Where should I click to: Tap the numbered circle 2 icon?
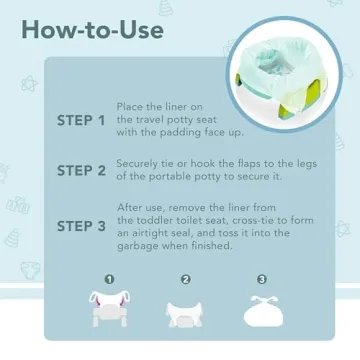tap(184, 280)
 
